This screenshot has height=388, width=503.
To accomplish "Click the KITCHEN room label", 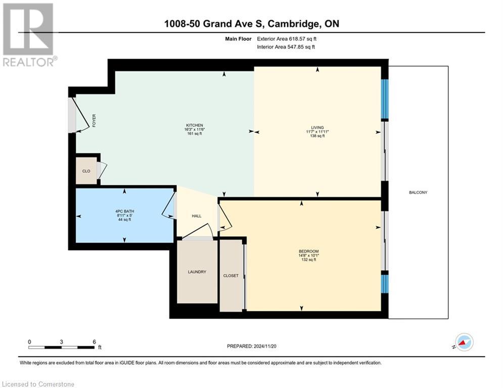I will pyautogui.click(x=195, y=125).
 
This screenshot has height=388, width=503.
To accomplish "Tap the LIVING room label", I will pyautogui.click(x=317, y=127).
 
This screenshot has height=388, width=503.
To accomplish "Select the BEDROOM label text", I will pyautogui.click(x=308, y=252).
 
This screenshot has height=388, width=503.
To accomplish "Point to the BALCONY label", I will pyautogui.click(x=418, y=192).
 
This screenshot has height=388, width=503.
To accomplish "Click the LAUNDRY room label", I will pyautogui.click(x=197, y=272).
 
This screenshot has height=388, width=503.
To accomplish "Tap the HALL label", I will pyautogui.click(x=197, y=216).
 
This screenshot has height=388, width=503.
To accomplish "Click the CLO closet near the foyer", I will pyautogui.click(x=86, y=171).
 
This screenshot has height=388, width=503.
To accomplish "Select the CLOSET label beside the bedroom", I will pyautogui.click(x=231, y=276).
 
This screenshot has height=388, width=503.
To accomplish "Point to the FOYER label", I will pyautogui.click(x=94, y=120).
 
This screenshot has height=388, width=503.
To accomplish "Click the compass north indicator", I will pyautogui.click(x=464, y=343).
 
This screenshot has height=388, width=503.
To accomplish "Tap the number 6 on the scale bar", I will pyautogui.click(x=94, y=342).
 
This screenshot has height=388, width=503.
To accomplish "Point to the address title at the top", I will pyautogui.click(x=251, y=24).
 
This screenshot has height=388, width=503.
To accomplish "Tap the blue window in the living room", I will pyautogui.click(x=384, y=99).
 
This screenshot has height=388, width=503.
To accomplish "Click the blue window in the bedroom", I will pyautogui.click(x=384, y=284).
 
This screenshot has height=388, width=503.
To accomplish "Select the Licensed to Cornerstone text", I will pyautogui.click(x=38, y=384).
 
